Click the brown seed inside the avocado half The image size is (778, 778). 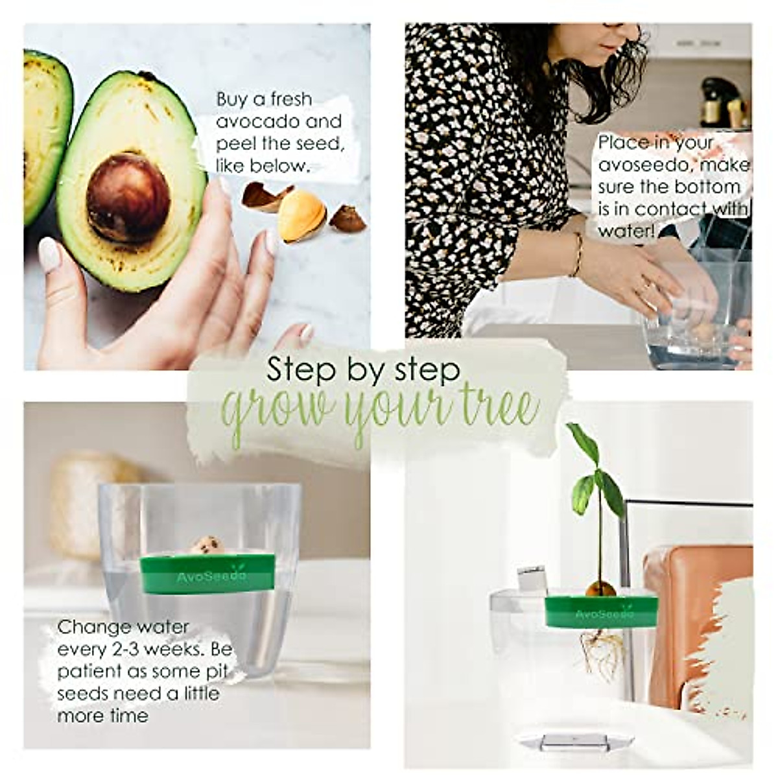pos(128,198)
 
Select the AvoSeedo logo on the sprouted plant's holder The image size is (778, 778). pos(600,613)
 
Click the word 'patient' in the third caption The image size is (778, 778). pos(87,672)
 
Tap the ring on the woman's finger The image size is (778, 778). pos(646,286)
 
